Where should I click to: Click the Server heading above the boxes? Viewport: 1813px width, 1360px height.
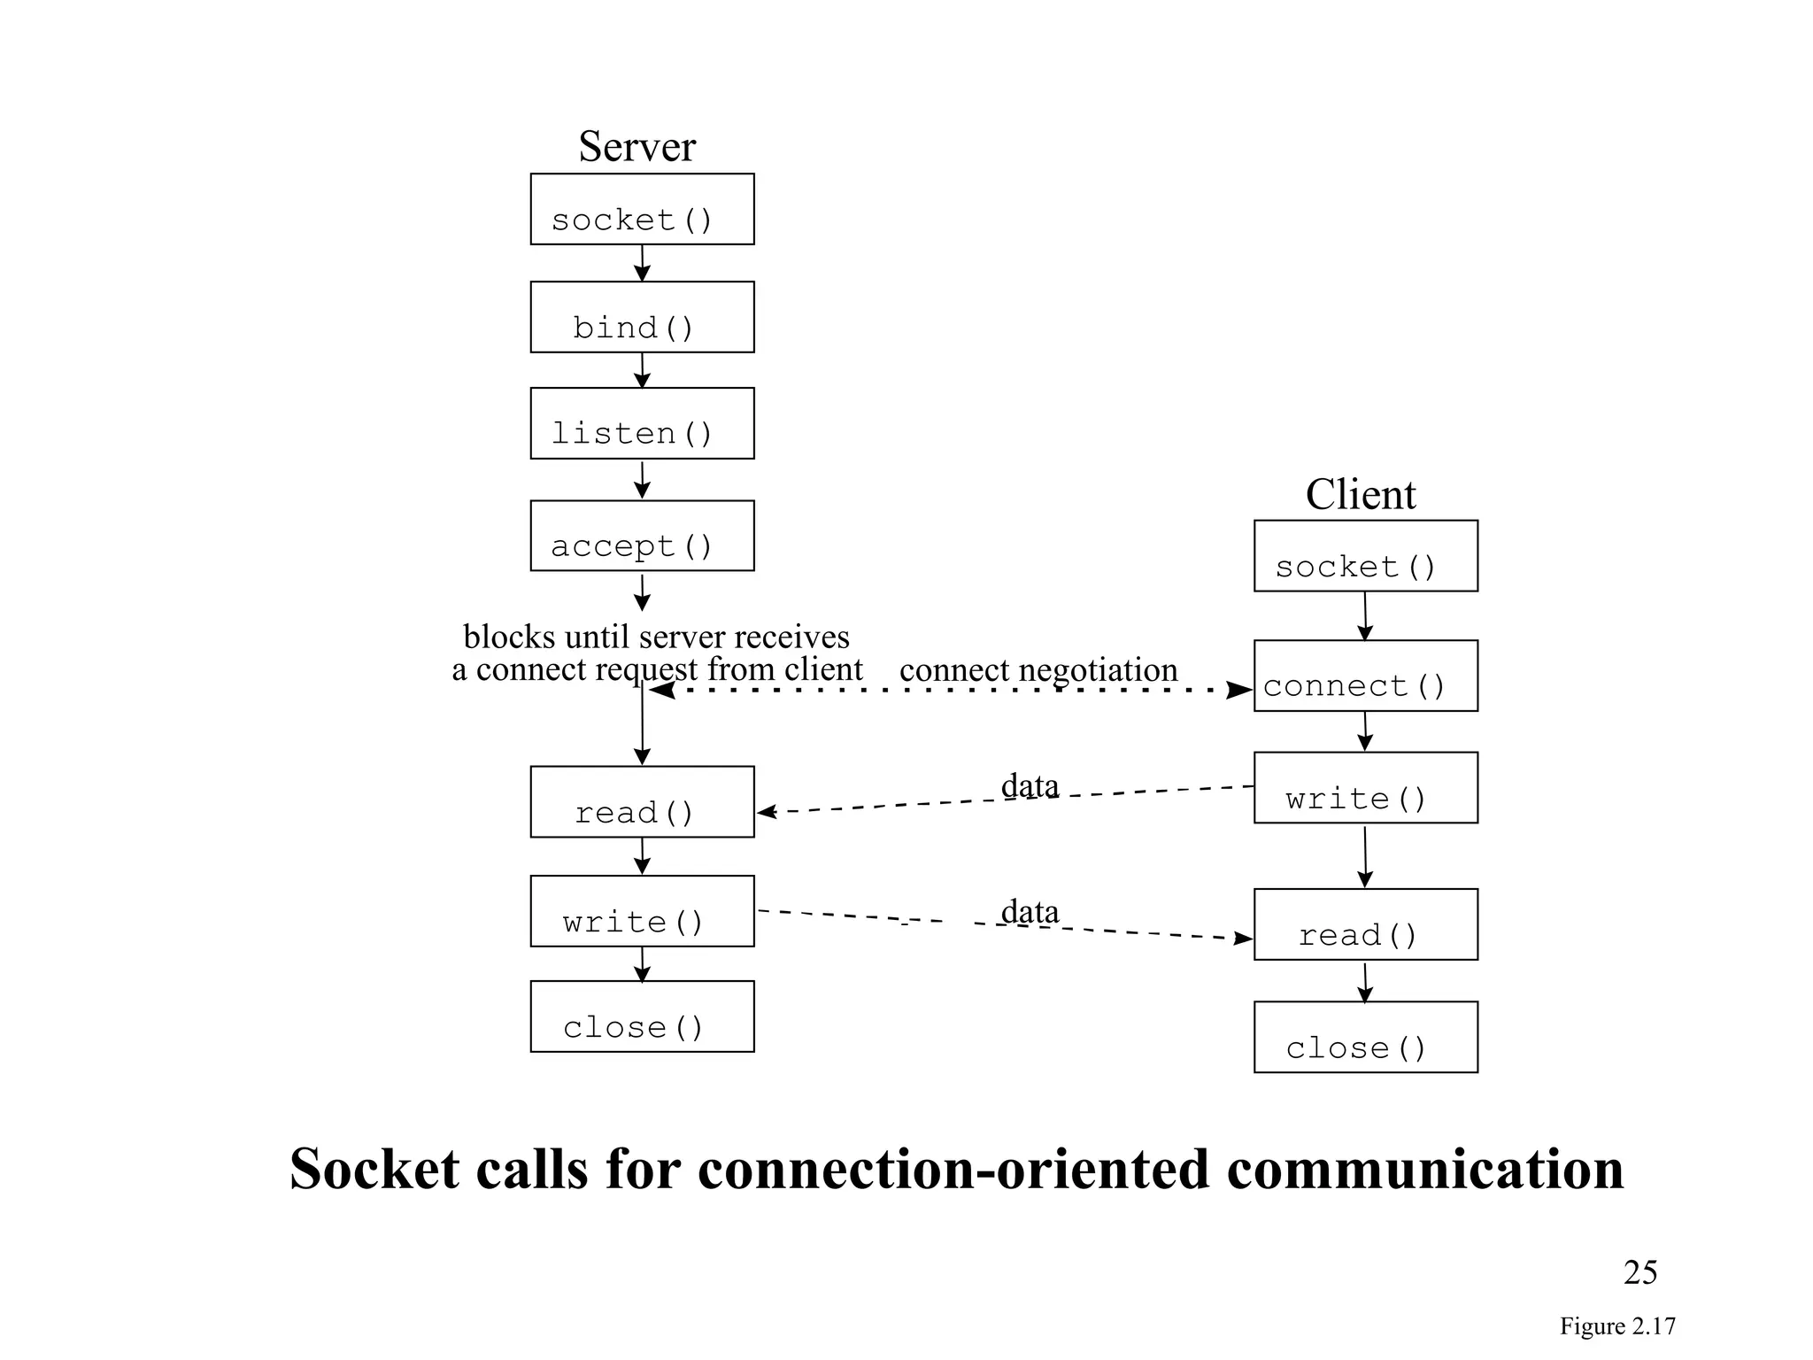pyautogui.click(x=636, y=147)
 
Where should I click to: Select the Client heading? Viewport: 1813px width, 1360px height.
pyautogui.click(x=1360, y=494)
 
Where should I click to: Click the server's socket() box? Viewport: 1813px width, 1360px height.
pyautogui.click(x=642, y=209)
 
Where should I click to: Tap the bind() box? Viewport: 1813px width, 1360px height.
pyautogui.click(x=642, y=317)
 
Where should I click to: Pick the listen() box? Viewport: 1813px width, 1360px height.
pyautogui.click(x=642, y=423)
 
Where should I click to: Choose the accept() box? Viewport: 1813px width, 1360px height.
pyautogui.click(x=642, y=536)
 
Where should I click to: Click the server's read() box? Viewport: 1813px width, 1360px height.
pyautogui.click(x=642, y=801)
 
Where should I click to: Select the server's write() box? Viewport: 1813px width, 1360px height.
pyautogui.click(x=642, y=911)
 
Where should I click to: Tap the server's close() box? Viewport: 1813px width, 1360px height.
pyautogui.click(x=642, y=1016)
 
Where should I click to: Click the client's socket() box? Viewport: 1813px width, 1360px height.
pyautogui.click(x=1365, y=556)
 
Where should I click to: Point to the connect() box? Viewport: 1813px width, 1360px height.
pyautogui.click(x=1365, y=676)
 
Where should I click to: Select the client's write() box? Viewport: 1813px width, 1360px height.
pyautogui.click(x=1365, y=788)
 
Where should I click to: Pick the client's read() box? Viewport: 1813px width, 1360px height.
pyautogui.click(x=1365, y=924)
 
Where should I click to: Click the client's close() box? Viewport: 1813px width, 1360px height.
pyautogui.click(x=1365, y=1037)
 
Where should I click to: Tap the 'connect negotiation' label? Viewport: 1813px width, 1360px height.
pyautogui.click(x=1038, y=670)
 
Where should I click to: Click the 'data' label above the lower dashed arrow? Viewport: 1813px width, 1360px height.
pyautogui.click(x=1030, y=911)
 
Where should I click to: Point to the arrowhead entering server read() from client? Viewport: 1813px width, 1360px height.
pyautogui.click(x=766, y=811)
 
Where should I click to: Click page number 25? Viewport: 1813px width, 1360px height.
pyautogui.click(x=1639, y=1272)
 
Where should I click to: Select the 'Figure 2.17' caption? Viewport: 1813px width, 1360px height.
pyautogui.click(x=1616, y=1326)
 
